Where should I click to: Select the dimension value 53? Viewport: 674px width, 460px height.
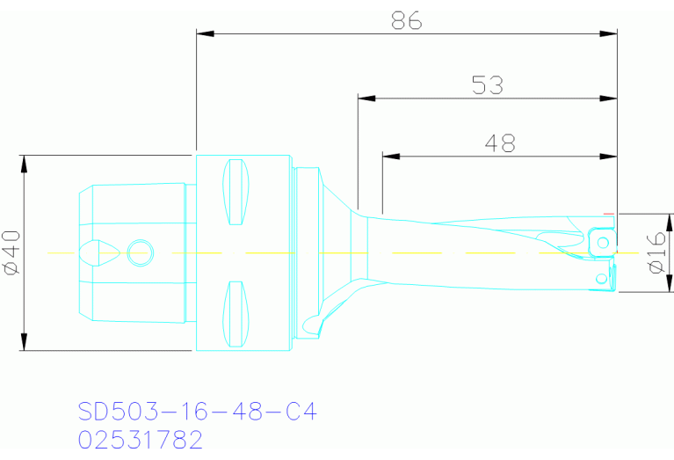pos(488,85)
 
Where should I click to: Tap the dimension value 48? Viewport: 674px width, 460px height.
pos(499,143)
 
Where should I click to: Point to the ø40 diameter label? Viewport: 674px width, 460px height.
pos(11,253)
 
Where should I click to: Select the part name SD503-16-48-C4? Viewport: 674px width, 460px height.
pos(197,412)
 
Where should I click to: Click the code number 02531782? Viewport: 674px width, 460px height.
pos(141,439)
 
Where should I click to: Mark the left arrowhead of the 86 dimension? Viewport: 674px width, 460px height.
pos(205,34)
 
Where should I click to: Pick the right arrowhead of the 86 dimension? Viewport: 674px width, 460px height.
pos(608,34)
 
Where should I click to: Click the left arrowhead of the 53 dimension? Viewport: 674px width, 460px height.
pos(366,99)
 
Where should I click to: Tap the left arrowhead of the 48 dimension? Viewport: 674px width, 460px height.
pos(391,157)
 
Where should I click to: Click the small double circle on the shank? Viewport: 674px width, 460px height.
pos(139,253)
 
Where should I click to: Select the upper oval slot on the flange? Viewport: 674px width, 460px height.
pos(236,192)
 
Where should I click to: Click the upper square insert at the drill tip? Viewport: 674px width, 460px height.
pos(601,240)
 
